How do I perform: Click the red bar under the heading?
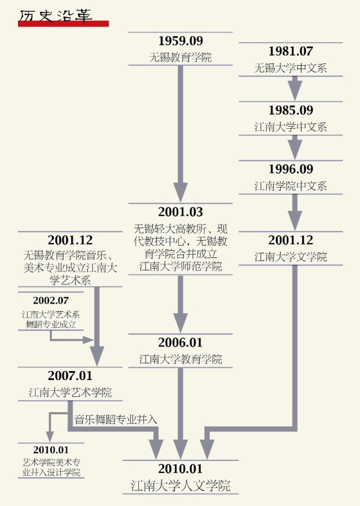[x=63, y=24]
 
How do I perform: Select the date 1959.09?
[x=180, y=41]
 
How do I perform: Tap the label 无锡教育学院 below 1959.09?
[x=180, y=57]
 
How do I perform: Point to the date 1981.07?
[x=290, y=51]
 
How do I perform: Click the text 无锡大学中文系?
[x=290, y=69]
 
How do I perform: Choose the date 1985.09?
[x=290, y=110]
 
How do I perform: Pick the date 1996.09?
[x=290, y=169]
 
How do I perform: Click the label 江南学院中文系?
[x=290, y=186]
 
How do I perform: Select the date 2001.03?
[x=180, y=212]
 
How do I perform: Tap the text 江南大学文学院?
[x=290, y=257]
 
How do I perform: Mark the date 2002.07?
[x=51, y=300]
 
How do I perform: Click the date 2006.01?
[x=180, y=342]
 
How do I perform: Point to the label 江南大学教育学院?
[x=180, y=359]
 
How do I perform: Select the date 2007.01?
[x=70, y=376]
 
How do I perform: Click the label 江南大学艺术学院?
[x=70, y=392]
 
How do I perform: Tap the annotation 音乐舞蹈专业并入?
[x=116, y=419]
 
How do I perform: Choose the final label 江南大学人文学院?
[x=180, y=485]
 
